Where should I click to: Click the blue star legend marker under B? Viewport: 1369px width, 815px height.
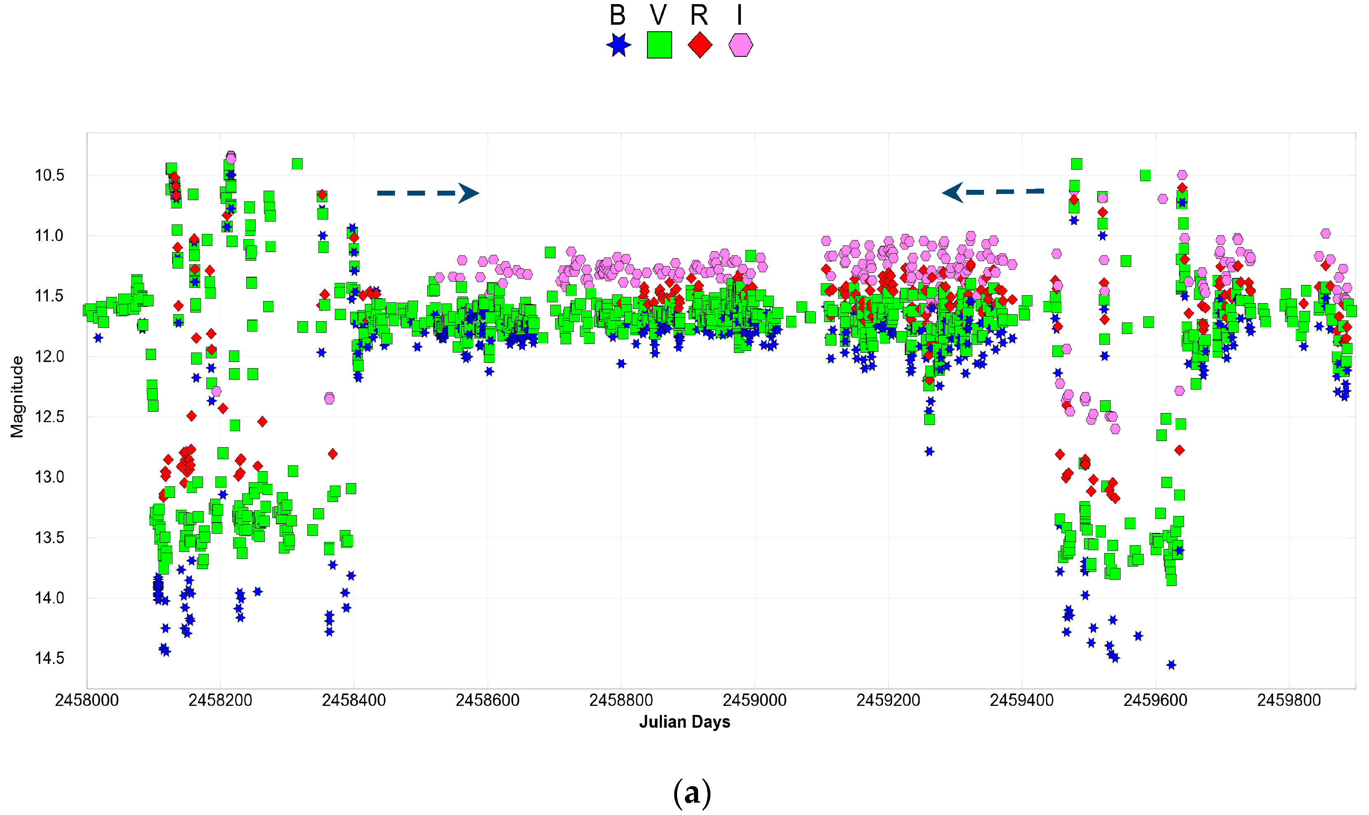(x=618, y=45)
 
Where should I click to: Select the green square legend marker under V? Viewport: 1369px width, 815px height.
(x=659, y=45)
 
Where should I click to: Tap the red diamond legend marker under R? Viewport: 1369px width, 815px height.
(x=700, y=45)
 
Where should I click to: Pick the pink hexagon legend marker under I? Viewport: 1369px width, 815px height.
(x=740, y=45)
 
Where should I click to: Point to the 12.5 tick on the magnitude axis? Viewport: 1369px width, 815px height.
(x=49, y=417)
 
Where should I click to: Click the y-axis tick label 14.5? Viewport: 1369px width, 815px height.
(x=49, y=658)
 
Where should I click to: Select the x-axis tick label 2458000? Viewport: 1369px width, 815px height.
(x=87, y=700)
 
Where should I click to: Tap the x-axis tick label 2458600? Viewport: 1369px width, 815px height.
(x=487, y=700)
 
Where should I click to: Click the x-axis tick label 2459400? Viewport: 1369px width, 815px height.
(x=1021, y=700)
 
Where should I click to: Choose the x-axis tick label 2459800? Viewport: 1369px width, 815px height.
(x=1289, y=700)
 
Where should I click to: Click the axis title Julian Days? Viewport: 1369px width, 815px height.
(x=684, y=722)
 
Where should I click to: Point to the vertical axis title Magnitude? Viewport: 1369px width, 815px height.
(x=17, y=397)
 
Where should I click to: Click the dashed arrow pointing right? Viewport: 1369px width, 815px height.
(x=428, y=193)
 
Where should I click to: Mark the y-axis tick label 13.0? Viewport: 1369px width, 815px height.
(x=49, y=477)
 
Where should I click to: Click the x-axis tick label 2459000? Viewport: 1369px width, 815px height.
(x=754, y=700)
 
